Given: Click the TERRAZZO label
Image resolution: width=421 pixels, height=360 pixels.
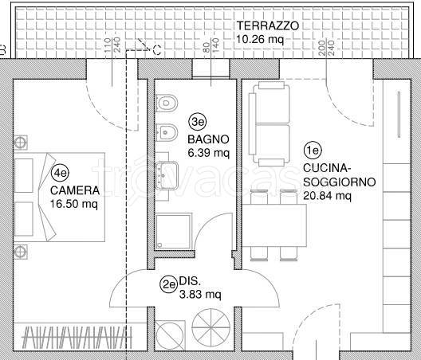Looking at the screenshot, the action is tap(267, 25).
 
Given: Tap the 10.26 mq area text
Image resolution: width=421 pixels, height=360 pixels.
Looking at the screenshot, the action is tap(260, 40).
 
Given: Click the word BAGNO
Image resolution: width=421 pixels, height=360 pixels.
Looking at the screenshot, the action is tap(208, 139).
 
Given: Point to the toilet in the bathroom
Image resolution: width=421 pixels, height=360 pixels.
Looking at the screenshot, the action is tap(167, 104).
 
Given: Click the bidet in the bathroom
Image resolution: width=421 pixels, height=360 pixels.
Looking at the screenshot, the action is tap(167, 132).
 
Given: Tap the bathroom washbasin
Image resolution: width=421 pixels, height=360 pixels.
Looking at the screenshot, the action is tap(167, 175).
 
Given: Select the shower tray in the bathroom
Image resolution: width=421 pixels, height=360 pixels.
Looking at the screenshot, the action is tap(174, 232).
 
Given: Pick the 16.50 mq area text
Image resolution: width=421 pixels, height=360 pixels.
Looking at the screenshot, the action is tap(74, 205).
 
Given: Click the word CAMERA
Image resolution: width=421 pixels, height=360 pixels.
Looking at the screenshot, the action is tap(75, 190).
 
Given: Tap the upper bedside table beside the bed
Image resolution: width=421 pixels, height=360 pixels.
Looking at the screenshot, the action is tap(21, 143).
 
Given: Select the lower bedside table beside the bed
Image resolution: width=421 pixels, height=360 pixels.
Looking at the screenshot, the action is tap(21, 252).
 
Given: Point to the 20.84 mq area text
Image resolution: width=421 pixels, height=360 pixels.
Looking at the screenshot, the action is tap(327, 196).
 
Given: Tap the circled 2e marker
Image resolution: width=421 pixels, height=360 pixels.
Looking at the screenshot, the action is tap(168, 284).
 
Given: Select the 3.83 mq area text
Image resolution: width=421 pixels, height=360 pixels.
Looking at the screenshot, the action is tap(200, 295).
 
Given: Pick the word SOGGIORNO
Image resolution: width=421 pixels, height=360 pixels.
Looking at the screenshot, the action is tap(340, 182).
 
